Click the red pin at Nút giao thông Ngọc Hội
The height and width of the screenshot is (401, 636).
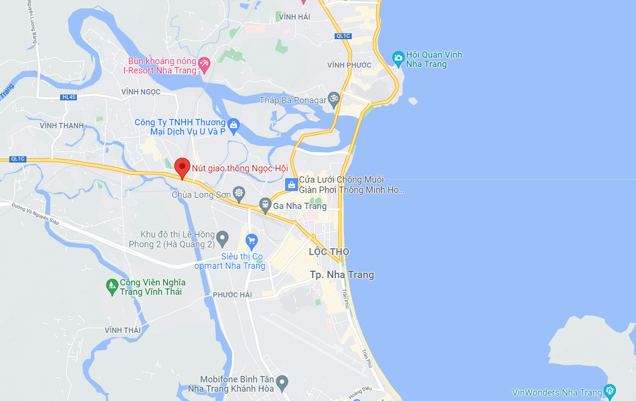(x=182, y=168)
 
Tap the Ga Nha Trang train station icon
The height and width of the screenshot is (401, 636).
(x=265, y=204)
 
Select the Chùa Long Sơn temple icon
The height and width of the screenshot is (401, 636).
(x=239, y=194)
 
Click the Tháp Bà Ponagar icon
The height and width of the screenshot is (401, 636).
(x=333, y=99)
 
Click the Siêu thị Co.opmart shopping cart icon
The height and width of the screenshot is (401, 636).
(x=251, y=241)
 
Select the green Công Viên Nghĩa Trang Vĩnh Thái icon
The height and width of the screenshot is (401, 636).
(x=111, y=286)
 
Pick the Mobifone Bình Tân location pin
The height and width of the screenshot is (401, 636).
(x=282, y=381)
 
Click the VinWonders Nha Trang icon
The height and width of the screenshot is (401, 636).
(x=610, y=392)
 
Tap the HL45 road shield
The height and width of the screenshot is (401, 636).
(x=69, y=97)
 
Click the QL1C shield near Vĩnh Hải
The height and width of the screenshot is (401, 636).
(x=343, y=36)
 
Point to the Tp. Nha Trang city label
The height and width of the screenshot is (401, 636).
(x=342, y=275)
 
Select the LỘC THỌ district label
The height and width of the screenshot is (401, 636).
(x=329, y=251)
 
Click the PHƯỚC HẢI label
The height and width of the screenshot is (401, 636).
(x=232, y=294)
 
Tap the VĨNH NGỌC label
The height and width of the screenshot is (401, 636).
(x=140, y=92)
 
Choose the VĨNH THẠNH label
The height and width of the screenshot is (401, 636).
(x=62, y=126)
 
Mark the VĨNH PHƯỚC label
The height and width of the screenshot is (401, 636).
(x=349, y=65)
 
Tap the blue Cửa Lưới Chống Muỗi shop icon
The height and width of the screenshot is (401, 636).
(x=291, y=185)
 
